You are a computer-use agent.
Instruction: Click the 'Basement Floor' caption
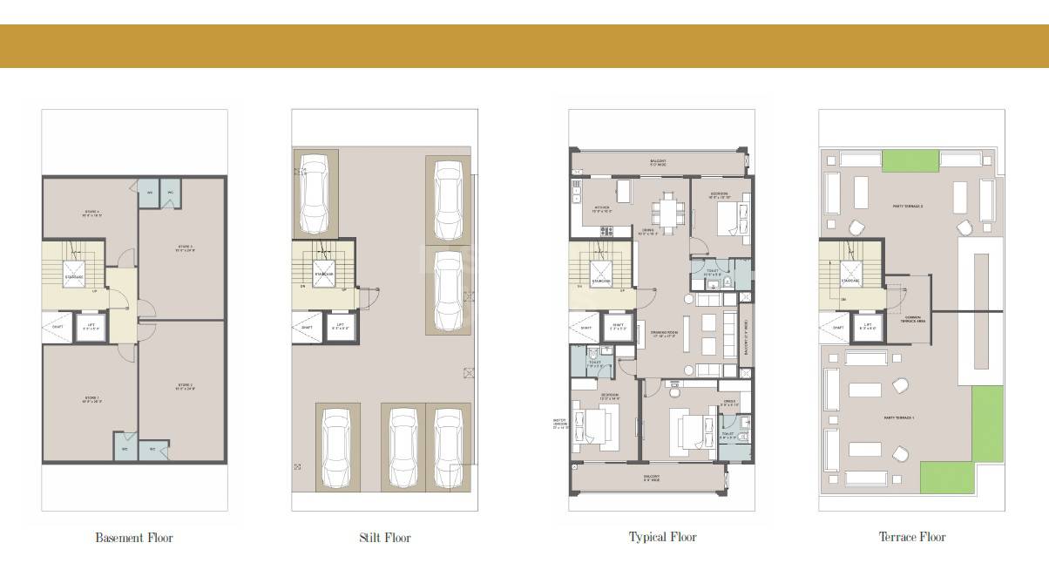133,538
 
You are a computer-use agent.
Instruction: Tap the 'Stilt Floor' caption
384,538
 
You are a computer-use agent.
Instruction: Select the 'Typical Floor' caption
662,537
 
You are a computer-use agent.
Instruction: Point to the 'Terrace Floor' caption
911,537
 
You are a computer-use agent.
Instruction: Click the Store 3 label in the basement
185,248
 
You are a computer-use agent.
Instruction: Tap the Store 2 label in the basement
185,386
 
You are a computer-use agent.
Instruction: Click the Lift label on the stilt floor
340,328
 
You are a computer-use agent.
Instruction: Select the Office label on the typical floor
730,404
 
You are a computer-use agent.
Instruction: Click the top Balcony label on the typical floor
659,162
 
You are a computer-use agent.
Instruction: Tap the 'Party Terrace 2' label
907,207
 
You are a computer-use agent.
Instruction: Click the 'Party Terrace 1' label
897,418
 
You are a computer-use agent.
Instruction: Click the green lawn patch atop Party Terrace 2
910,160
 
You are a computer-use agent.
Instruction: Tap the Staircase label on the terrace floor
850,281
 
